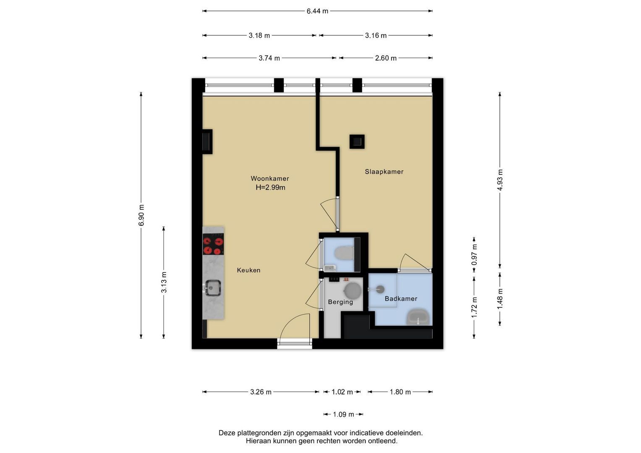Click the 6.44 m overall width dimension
coord(317,11)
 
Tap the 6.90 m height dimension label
coord(141,215)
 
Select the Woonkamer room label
coord(270,178)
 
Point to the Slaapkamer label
coord(384,172)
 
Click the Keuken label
coord(249,270)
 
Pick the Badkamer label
coord(401,299)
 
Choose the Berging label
coord(340,302)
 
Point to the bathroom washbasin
coord(418,317)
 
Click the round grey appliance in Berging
coord(353,291)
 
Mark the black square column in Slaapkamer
coord(357,142)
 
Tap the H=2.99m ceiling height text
coord(270,187)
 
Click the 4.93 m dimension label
coord(500,180)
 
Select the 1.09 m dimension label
coord(343,414)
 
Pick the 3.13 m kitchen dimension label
coord(164,282)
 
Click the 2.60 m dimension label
coord(386,58)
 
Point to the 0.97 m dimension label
coord(474,255)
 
